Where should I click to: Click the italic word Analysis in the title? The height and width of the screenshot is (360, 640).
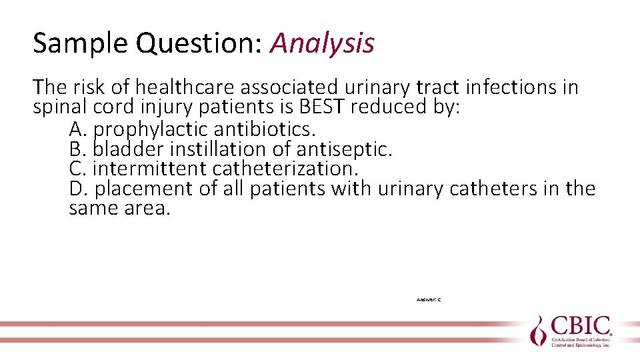[x=322, y=44]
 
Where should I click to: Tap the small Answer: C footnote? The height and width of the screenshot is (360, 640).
[x=428, y=300]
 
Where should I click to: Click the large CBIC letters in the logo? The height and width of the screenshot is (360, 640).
[x=581, y=327]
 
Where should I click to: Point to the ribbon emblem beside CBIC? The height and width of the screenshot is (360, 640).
[x=538, y=330]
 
